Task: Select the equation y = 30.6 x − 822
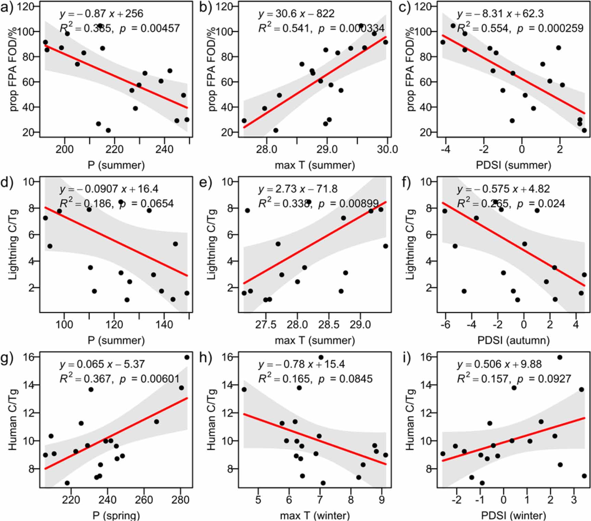pyautogui.click(x=296, y=14)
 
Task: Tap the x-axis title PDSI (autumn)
pyautogui.click(x=513, y=340)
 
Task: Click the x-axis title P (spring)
pyautogui.click(x=116, y=516)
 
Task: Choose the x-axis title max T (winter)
pyautogui.click(x=315, y=516)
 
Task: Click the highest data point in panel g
pyautogui.click(x=187, y=357)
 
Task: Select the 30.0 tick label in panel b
pyautogui.click(x=387, y=149)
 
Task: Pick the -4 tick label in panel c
pyautogui.click(x=445, y=149)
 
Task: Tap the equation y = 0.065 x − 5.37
pyautogui.click(x=102, y=364)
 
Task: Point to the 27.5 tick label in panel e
pyautogui.click(x=266, y=325)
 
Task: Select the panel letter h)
pyautogui.click(x=206, y=358)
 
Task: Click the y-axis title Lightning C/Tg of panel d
pyautogui.click(x=13, y=244)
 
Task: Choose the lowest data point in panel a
pyautogui.click(x=108, y=130)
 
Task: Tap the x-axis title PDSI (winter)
pyautogui.click(x=513, y=516)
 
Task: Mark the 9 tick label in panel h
pyautogui.click(x=382, y=500)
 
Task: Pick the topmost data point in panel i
pyautogui.click(x=559, y=357)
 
